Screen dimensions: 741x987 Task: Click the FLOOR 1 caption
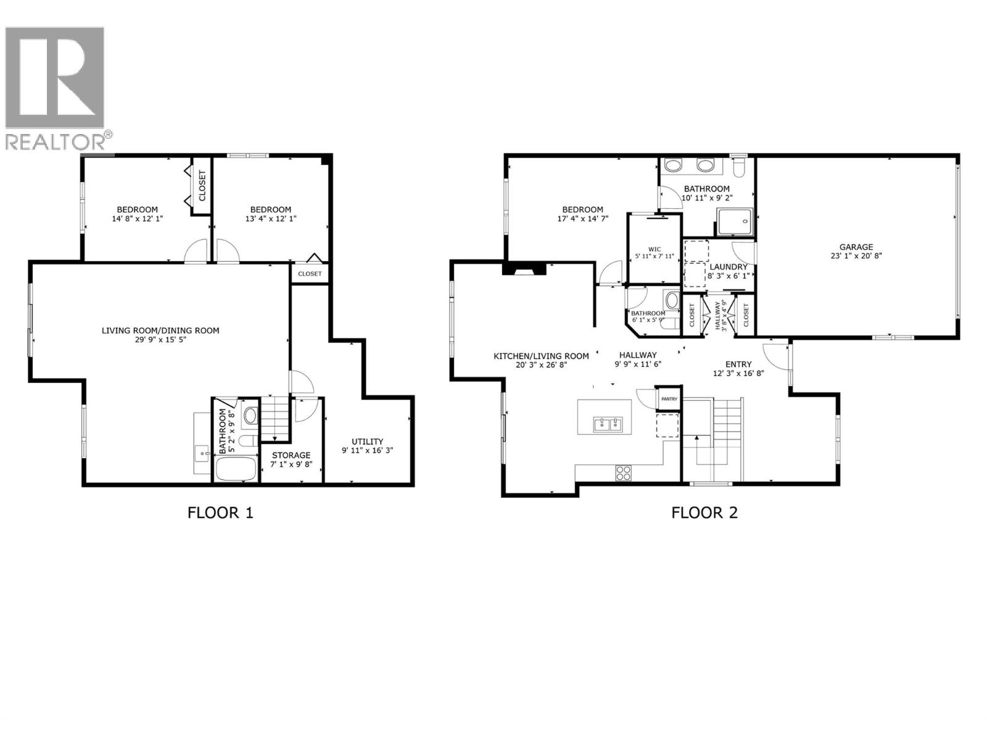coord(220,513)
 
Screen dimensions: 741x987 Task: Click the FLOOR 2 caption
coord(704,513)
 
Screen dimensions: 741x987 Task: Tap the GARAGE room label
coord(856,247)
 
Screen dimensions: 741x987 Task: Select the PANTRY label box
coord(669,399)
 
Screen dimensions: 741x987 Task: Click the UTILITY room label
coord(367,442)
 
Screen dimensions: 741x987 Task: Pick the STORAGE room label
coord(291,455)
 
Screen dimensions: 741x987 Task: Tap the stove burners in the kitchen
coord(624,473)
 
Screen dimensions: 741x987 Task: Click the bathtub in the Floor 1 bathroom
coord(236,469)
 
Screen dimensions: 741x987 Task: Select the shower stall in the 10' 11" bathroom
coord(735,221)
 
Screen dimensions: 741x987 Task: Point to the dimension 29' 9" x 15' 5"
coord(160,340)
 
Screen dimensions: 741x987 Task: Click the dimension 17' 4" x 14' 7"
coord(582,219)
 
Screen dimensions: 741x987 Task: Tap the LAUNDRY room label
coord(727,267)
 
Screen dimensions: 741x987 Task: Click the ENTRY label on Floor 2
coord(738,364)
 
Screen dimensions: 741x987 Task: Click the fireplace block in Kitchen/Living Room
coord(524,269)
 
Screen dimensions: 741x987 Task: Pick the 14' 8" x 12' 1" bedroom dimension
coord(137,219)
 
